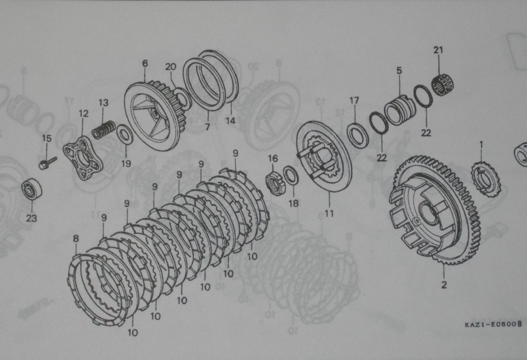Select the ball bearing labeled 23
click(x=31, y=190)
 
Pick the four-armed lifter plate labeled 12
click(x=83, y=158)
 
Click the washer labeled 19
click(x=125, y=134)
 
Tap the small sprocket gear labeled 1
click(x=486, y=179)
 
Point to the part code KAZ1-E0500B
click(x=494, y=324)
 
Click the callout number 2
click(x=444, y=285)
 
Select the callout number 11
click(x=329, y=213)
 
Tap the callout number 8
click(x=76, y=238)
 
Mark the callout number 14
click(x=230, y=121)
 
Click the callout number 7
click(x=207, y=127)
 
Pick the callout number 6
click(x=145, y=63)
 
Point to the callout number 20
click(x=170, y=66)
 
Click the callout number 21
click(x=438, y=50)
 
